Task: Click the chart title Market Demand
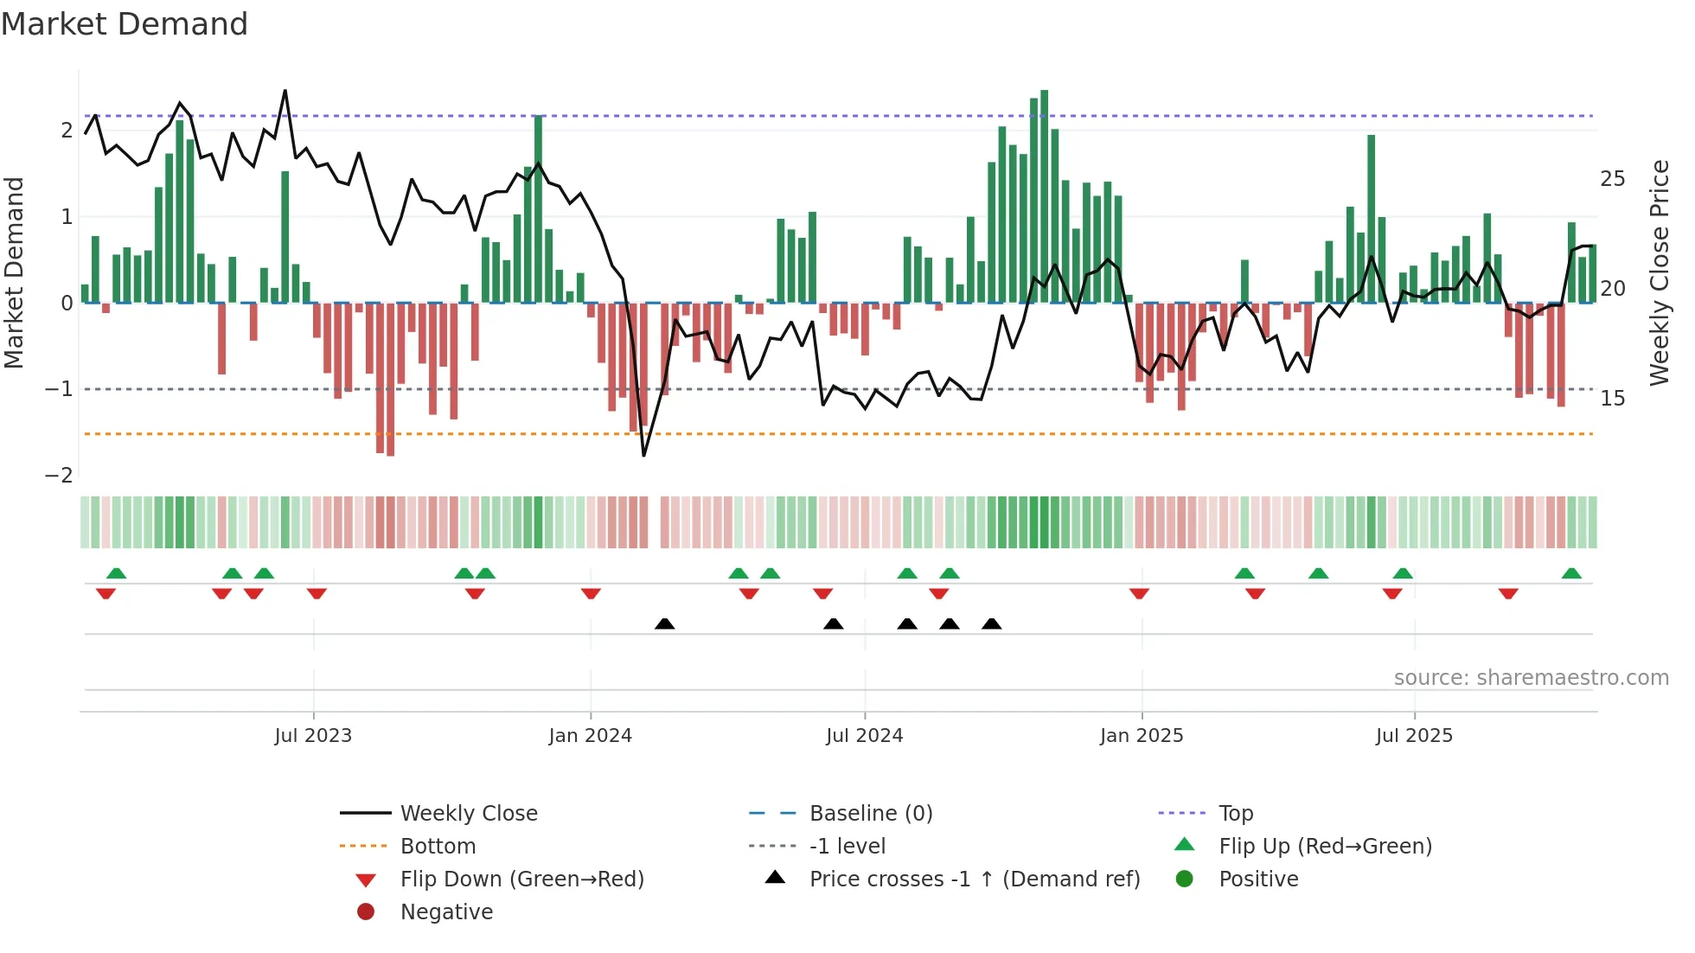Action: [x=125, y=23]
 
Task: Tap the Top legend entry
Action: [x=1235, y=813]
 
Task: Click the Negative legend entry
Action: [x=446, y=911]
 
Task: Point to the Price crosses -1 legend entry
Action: [x=974, y=879]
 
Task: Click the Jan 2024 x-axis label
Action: [x=590, y=736]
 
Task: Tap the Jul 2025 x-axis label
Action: [x=1414, y=736]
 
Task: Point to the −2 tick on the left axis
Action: [x=59, y=475]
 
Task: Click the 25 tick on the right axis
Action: [x=1612, y=179]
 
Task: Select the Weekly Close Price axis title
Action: [x=1659, y=272]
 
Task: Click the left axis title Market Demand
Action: [x=14, y=272]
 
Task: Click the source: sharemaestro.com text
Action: [x=1531, y=677]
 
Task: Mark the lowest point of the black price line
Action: [x=643, y=455]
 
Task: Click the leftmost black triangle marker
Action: [x=664, y=624]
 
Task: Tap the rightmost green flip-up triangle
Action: [x=1571, y=573]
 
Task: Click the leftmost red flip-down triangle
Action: [x=106, y=593]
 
